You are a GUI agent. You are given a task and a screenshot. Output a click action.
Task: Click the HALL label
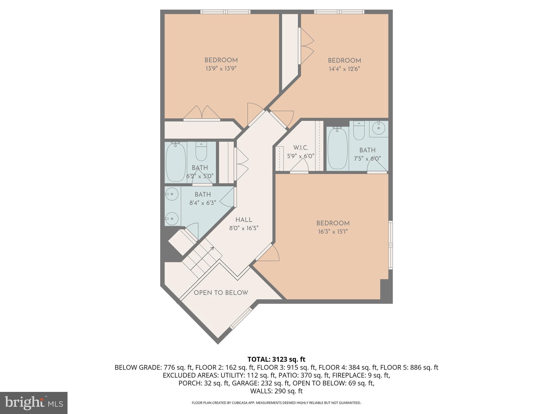coord(244,220)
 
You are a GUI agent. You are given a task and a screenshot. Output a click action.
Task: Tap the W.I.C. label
coord(301,148)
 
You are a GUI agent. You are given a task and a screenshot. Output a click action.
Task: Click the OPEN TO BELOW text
coord(221,293)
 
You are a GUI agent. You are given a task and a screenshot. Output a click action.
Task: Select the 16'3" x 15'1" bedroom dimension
coord(333,232)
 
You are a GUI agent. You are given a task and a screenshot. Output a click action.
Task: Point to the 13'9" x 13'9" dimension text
coord(221,68)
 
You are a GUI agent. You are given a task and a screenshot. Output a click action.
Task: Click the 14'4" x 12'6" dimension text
coord(344,69)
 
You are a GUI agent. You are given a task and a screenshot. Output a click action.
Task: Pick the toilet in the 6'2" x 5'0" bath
coord(201,152)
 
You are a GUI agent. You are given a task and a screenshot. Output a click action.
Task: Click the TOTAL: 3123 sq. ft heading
coord(276,359)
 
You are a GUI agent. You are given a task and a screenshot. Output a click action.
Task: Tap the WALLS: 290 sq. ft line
coord(276,391)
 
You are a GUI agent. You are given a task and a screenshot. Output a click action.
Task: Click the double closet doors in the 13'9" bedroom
coord(202,112)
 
